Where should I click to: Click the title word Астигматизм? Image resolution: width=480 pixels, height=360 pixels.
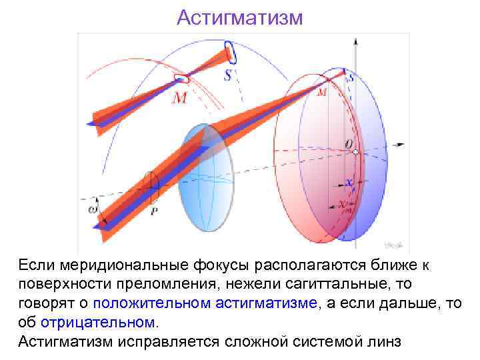[x=239, y=17]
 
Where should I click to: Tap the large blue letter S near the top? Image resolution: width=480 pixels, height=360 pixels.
[x=229, y=75]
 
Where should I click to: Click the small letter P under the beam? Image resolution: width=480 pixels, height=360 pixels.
[x=154, y=211]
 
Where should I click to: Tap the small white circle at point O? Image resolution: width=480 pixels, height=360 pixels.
[x=357, y=153]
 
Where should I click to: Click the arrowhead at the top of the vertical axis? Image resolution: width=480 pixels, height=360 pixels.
[x=357, y=41]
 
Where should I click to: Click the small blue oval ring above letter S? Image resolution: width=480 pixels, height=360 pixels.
[x=230, y=51]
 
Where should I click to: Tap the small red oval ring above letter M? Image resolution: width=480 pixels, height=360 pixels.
[x=181, y=79]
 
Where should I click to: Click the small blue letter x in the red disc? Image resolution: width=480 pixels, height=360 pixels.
[x=347, y=182]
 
